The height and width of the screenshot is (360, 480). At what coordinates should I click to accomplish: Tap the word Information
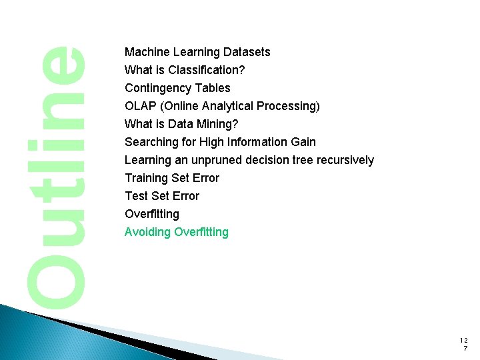point(257,142)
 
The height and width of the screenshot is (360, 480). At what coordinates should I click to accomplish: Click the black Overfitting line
point(152,214)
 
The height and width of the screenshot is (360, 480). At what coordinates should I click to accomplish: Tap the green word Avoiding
point(147,232)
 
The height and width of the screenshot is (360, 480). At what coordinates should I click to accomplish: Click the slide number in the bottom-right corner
point(464,344)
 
